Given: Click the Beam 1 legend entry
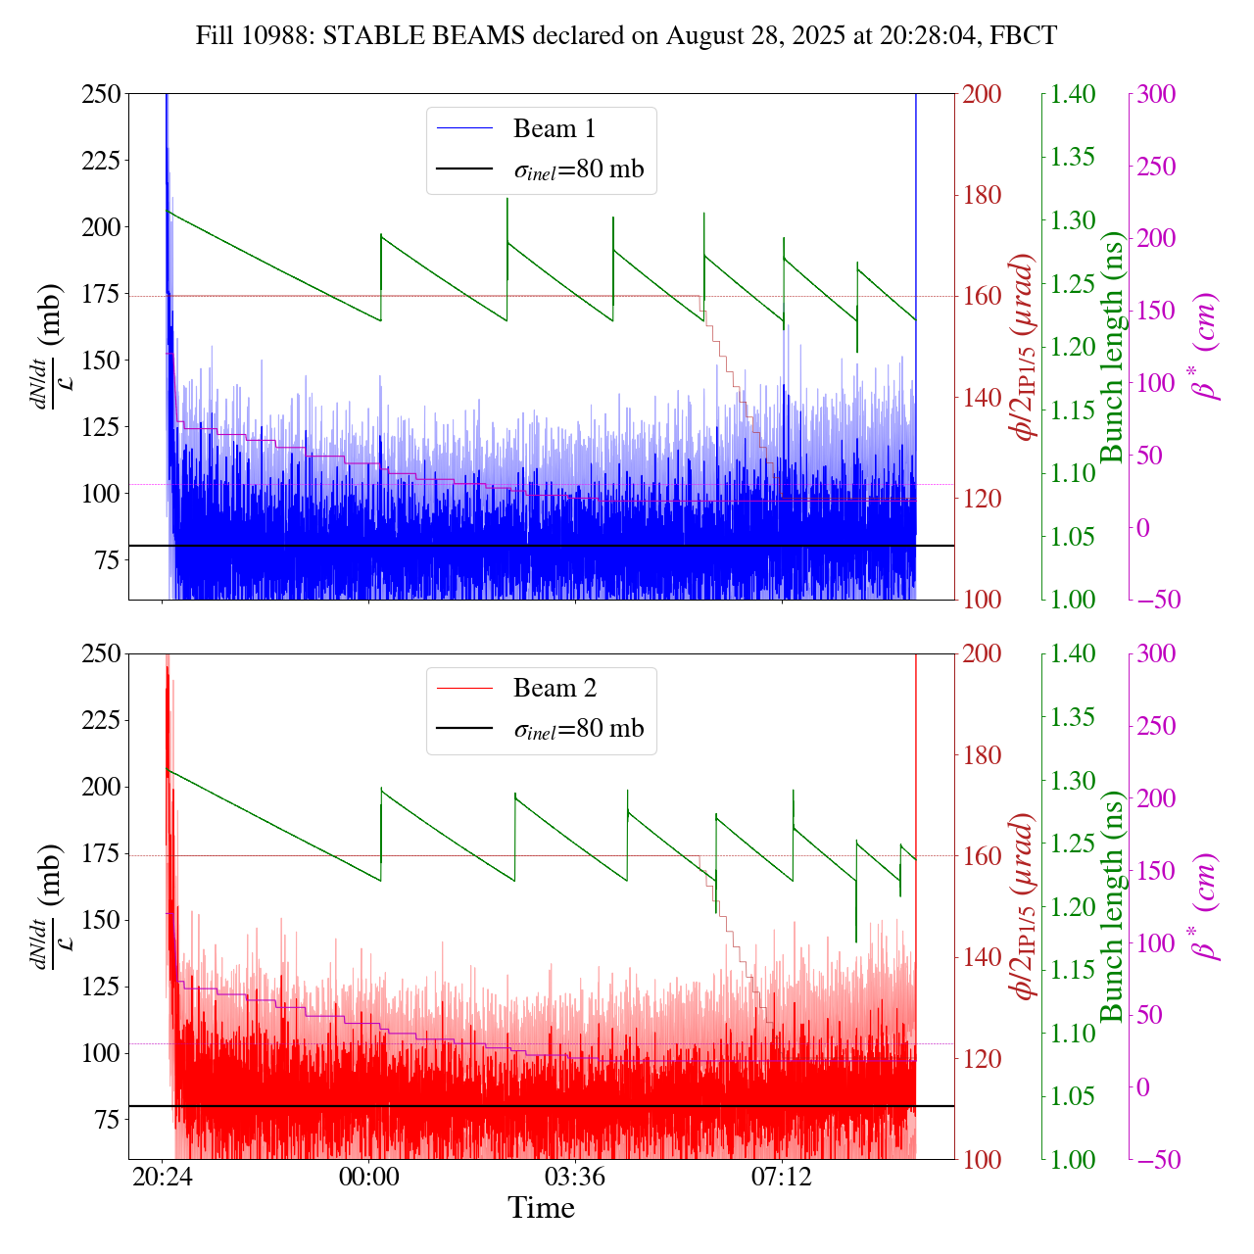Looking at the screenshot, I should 554,128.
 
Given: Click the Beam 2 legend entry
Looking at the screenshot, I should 554,688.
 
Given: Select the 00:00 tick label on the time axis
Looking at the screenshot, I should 368,1176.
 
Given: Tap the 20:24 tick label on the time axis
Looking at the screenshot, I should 162,1176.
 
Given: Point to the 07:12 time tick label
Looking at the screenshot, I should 782,1176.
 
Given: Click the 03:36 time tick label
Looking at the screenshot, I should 575,1176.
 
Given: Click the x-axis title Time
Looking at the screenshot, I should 541,1208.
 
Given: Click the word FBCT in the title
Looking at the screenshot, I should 1023,36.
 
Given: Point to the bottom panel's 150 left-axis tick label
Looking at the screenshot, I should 101,920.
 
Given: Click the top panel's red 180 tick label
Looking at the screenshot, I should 983,195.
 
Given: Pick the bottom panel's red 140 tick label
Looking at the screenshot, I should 983,957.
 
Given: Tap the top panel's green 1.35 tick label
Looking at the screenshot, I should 1073,157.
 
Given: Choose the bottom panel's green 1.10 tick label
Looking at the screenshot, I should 1073,1033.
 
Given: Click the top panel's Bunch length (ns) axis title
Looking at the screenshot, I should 1112,347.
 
